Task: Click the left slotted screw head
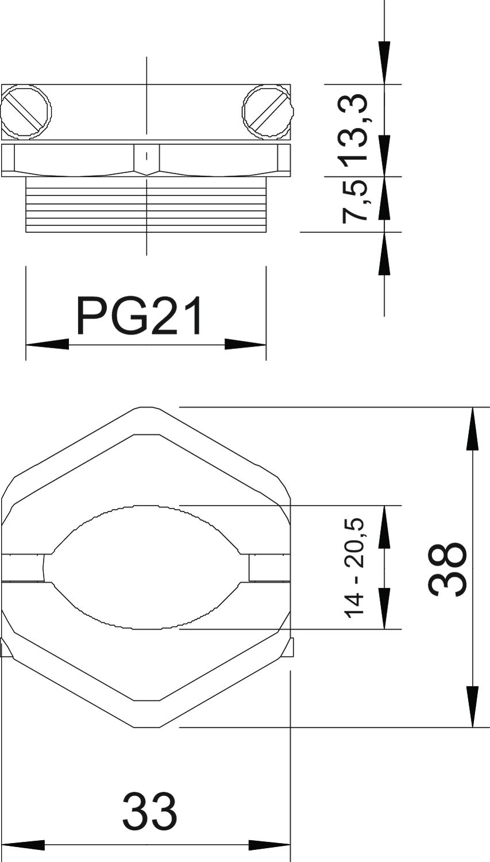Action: pos(26,111)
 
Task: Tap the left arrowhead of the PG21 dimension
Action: pos(47,344)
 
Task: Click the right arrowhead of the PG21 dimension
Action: pos(245,344)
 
